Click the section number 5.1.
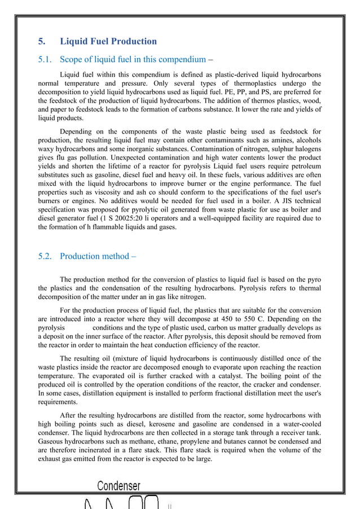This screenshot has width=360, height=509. click(46, 59)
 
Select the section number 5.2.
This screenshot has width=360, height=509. click(46, 256)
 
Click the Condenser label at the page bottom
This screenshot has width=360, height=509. click(118, 485)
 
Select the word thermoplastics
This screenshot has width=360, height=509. click(257, 84)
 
